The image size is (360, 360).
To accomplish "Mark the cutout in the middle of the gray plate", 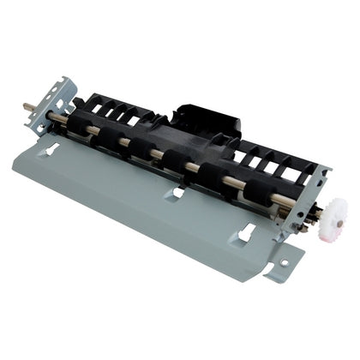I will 175,193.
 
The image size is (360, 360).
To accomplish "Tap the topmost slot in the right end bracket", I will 318,173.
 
